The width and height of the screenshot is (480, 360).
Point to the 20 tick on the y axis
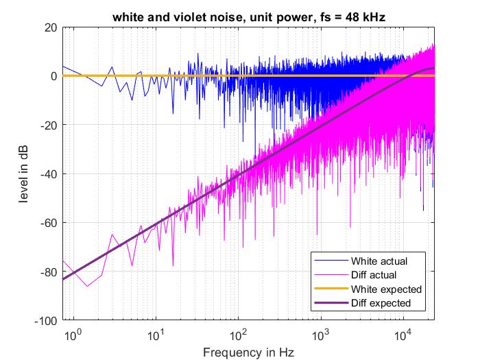click(x=50, y=27)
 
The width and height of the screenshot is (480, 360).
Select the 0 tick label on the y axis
click(x=53, y=76)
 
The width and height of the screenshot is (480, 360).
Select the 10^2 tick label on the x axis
click(x=238, y=334)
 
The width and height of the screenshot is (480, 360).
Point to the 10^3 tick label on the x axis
click(x=320, y=334)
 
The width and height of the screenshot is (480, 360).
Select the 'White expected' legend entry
click(x=385, y=289)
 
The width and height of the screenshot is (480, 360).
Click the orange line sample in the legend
click(x=330, y=289)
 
